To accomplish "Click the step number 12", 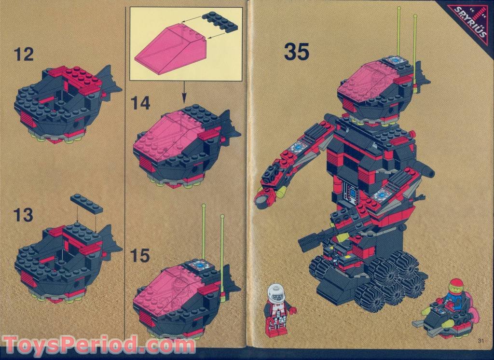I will pos(24,54).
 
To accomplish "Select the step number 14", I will pos(140,103).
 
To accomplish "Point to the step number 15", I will pos(140,256).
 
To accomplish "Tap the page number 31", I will pos(480,341).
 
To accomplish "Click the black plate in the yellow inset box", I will pos(220,22).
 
